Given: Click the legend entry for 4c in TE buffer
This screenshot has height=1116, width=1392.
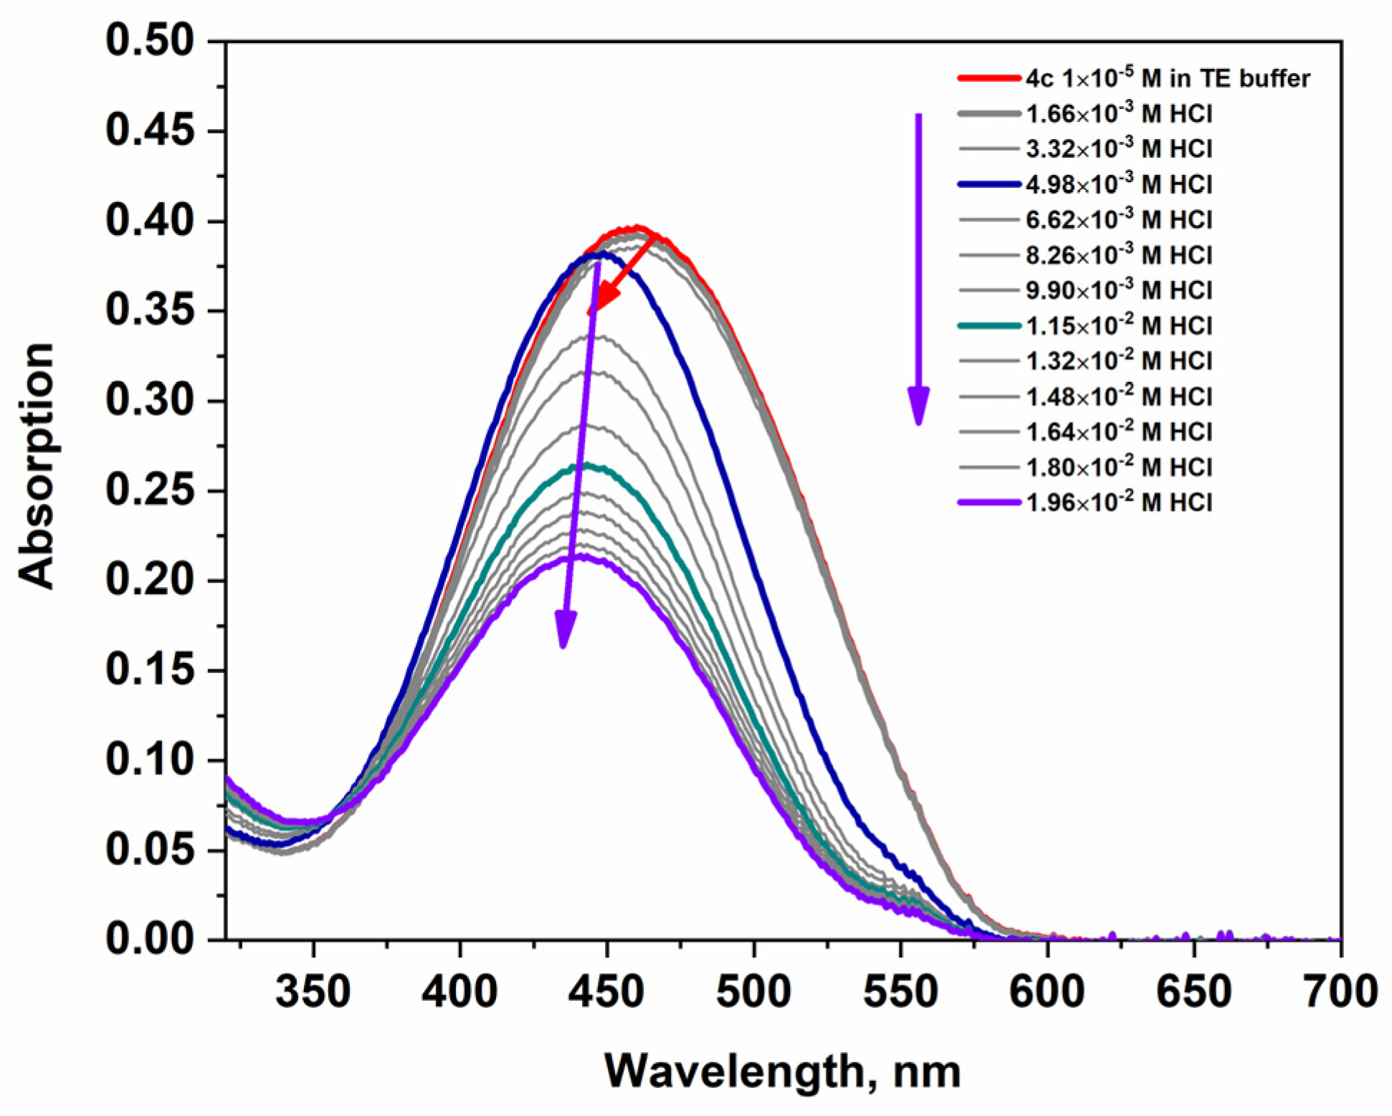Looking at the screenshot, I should click(1167, 78).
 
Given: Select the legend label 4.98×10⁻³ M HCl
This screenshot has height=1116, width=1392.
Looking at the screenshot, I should click(1119, 184).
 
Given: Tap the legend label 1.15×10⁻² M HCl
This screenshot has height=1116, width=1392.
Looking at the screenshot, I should click(1119, 325).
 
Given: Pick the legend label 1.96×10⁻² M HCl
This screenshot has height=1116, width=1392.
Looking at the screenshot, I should click(1119, 502).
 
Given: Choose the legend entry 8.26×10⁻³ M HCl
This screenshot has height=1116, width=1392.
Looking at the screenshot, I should click(1119, 254).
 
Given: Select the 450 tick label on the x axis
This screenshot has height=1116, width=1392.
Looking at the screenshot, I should click(606, 992).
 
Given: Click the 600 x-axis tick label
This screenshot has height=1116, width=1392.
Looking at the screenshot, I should click(1047, 992).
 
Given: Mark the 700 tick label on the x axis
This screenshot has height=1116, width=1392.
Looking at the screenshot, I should click(1339, 992).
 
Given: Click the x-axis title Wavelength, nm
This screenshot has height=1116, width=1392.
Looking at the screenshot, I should click(782, 1071).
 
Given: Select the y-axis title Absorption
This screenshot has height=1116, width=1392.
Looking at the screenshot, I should click(37, 466).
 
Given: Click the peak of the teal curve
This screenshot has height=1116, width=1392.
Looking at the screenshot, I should click(588, 466).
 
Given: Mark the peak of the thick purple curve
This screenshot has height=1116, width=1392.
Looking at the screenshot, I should click(584, 556).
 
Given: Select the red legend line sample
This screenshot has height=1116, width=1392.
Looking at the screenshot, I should click(988, 78).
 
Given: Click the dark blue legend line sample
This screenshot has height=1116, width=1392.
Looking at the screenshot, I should click(988, 184).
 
